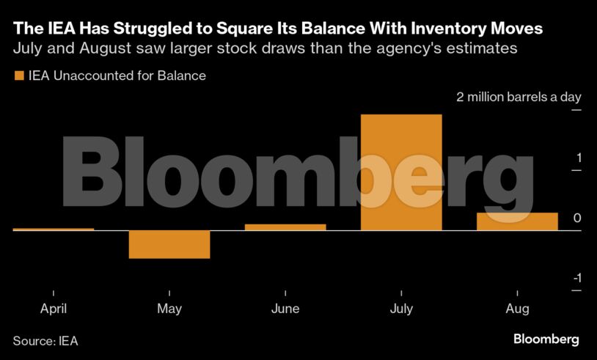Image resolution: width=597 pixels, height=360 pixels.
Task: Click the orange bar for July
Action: (401, 172)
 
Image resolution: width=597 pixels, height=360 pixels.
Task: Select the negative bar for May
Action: (169, 244)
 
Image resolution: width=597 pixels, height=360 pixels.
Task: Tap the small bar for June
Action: (285, 227)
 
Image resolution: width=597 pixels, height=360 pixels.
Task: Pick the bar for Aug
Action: (517, 221)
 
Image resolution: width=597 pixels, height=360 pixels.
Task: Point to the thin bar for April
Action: (54, 229)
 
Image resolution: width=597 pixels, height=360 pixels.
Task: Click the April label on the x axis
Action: (54, 309)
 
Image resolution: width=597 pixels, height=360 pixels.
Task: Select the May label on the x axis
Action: (169, 309)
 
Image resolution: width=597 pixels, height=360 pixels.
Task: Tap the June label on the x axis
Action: (285, 309)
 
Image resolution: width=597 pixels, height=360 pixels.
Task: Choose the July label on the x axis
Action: (401, 309)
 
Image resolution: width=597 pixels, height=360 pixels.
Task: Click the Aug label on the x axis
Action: (517, 309)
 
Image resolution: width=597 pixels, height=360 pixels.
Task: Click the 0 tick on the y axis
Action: (577, 218)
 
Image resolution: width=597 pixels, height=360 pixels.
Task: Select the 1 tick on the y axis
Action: (578, 158)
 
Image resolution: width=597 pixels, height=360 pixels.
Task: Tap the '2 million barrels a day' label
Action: (519, 98)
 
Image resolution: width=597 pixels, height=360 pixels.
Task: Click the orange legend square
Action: (18, 76)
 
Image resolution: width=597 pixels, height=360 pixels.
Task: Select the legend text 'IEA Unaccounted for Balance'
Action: (117, 76)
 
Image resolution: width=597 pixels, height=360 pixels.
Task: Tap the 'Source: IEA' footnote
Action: (45, 340)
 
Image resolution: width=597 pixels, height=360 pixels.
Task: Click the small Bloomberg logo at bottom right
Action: (546, 339)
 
